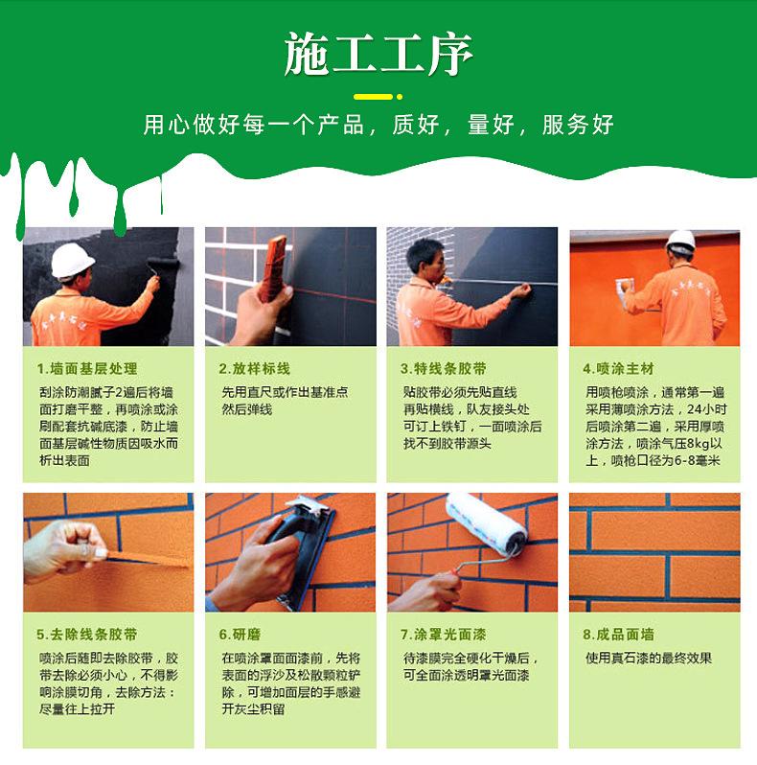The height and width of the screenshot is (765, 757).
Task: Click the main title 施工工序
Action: point(378,54)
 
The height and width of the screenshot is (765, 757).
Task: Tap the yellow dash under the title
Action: point(373,97)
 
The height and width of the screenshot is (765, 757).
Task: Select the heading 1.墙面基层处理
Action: point(87,369)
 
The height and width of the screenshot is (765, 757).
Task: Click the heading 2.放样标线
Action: point(254,369)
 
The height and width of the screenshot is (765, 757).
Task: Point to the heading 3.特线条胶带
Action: point(443,369)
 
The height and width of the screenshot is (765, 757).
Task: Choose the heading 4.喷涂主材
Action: point(618,369)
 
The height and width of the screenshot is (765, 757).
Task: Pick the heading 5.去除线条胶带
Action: point(87,635)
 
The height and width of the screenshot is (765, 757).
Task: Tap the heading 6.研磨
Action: point(240,635)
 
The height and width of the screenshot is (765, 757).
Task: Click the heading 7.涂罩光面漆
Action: point(443,635)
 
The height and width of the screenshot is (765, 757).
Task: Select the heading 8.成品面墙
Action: point(618,635)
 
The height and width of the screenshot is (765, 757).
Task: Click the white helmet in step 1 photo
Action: point(72,260)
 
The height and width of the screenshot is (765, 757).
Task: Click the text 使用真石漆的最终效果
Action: point(649,659)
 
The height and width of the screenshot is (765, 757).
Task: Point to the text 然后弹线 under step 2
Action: point(247,409)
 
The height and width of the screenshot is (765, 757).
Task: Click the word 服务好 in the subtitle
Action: point(578,125)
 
